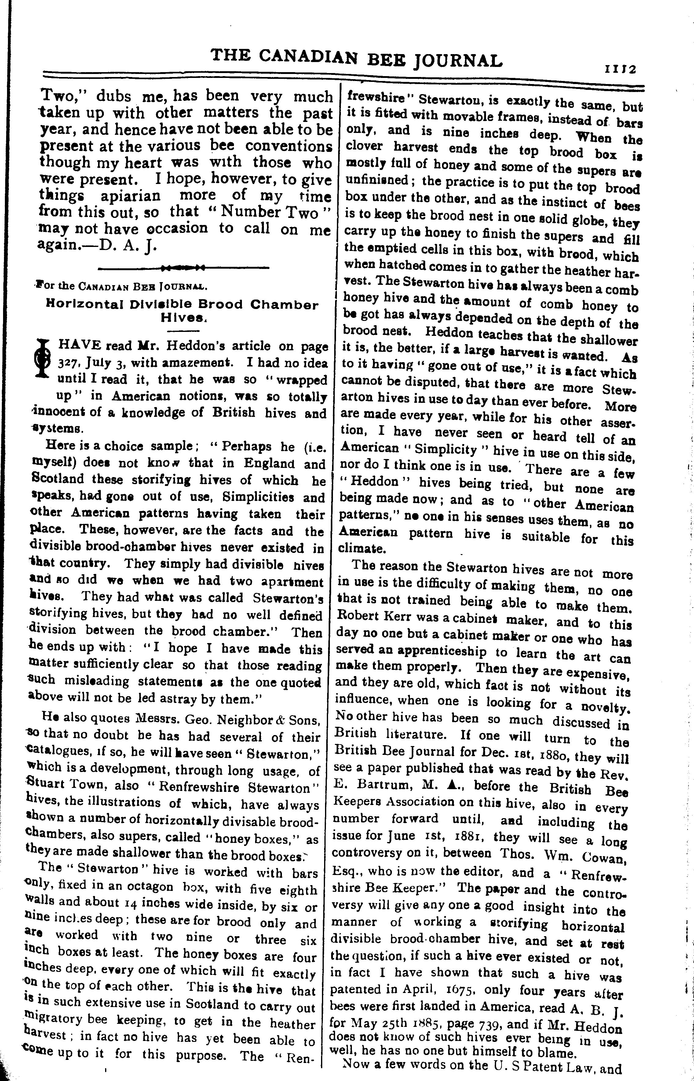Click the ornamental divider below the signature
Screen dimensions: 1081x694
[183, 268]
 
